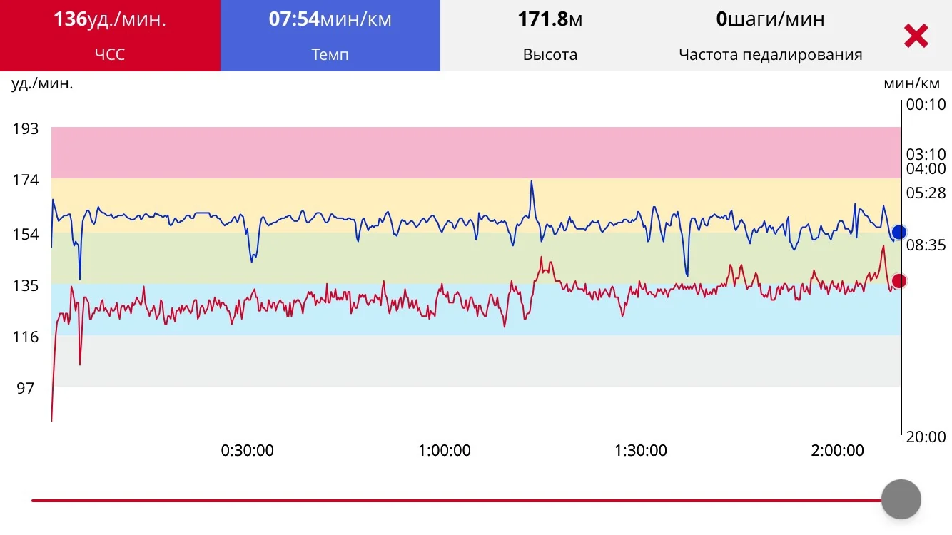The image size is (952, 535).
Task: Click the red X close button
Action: coord(916,36)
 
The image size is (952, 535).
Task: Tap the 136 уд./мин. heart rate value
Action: coord(110,19)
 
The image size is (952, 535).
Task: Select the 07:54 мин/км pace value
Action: coord(330,19)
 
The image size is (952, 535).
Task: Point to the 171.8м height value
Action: coord(550,19)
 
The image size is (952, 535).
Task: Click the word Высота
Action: coord(550,55)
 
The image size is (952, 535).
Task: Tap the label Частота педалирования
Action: coord(770,55)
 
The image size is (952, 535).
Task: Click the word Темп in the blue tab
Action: coord(330,55)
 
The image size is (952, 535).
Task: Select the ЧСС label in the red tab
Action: coord(110,55)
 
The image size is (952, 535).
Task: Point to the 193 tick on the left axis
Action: coord(26,129)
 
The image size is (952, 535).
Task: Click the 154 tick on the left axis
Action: coord(26,234)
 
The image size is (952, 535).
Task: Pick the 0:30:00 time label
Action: coord(247,451)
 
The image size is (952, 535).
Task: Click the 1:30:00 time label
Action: coord(640,451)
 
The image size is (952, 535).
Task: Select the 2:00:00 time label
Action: coord(837,451)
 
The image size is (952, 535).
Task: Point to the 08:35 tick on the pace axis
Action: coord(926,245)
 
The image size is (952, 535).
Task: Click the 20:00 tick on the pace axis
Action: coord(926,437)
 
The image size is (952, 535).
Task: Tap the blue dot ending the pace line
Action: coord(899,232)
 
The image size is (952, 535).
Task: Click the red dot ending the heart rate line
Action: coord(899,280)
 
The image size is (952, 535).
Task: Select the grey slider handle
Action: coord(901,499)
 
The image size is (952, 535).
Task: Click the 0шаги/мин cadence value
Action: coord(770,19)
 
